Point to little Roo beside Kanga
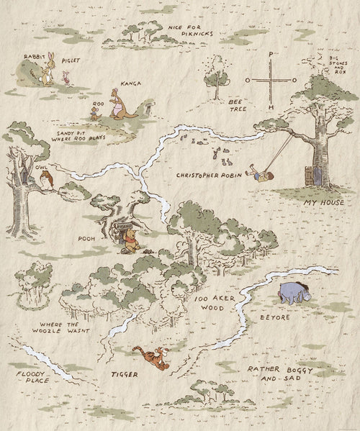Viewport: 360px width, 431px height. [95, 110]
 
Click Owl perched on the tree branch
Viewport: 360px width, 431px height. [46, 178]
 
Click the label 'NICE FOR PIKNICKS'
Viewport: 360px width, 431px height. [190, 30]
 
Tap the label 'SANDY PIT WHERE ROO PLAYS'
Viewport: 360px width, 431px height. [77, 137]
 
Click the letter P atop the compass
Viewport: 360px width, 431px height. [271, 55]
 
